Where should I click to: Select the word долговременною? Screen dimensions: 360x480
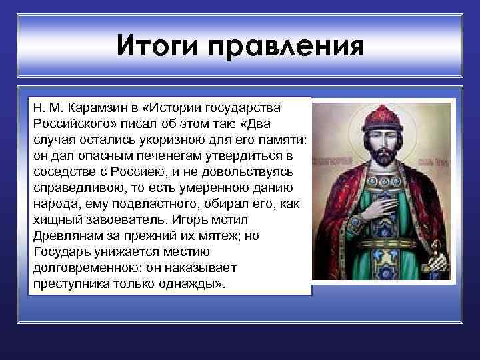pos(79,269)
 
